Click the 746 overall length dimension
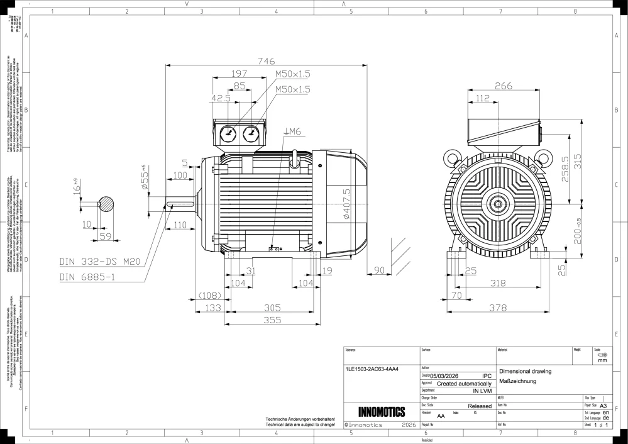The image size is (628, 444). point(266,61)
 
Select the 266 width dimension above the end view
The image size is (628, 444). point(503,86)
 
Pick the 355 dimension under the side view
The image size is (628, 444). point(272,320)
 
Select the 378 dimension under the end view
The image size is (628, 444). point(498,308)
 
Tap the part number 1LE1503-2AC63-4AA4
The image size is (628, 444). point(372,369)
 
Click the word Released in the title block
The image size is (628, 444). point(480,406)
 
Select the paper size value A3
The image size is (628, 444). point(603,406)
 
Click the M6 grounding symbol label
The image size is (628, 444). point(294,131)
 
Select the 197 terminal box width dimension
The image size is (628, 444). point(239,74)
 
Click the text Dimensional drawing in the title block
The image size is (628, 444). point(525,371)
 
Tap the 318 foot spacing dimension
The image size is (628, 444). point(497,284)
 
